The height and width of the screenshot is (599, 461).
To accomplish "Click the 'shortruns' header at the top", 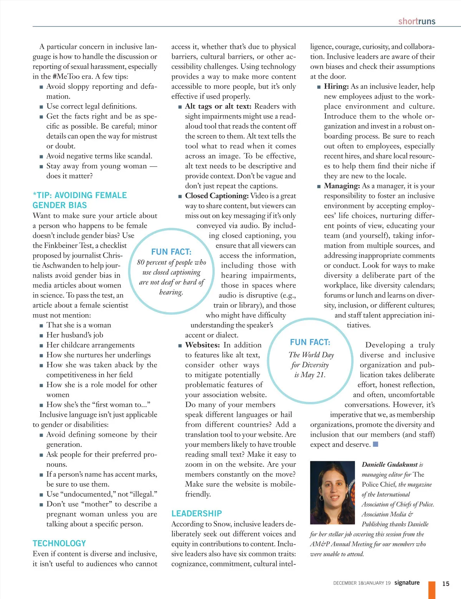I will tap(416, 21).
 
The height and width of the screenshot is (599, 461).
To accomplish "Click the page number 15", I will tap(446, 583).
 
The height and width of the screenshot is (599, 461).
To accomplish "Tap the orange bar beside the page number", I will tap(432, 590).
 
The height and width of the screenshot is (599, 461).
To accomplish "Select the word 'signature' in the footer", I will tap(407, 582).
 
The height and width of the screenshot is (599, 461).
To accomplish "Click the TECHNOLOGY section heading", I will tap(59, 543).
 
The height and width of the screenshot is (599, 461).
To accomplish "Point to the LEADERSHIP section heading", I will tap(196, 513).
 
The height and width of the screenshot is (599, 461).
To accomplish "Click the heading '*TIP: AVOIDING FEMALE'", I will tap(80, 195).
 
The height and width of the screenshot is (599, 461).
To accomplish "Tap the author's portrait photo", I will tap(332, 493).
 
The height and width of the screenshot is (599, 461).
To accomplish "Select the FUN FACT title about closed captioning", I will tap(171, 252).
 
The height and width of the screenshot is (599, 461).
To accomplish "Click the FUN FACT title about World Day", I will tap(310, 342).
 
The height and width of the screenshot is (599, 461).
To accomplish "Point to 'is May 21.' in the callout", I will tap(310, 375).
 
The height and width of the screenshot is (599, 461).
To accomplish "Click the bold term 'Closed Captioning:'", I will tap(217, 196).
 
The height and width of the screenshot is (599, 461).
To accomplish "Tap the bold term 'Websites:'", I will tap(202, 345).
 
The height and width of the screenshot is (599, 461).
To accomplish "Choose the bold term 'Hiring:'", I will tap(336, 87).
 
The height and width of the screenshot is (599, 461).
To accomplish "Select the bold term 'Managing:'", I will tap(342, 186).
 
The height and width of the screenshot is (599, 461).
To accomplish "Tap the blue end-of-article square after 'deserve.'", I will tap(376, 444).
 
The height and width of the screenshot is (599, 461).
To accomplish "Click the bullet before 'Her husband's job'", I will tap(41, 336).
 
